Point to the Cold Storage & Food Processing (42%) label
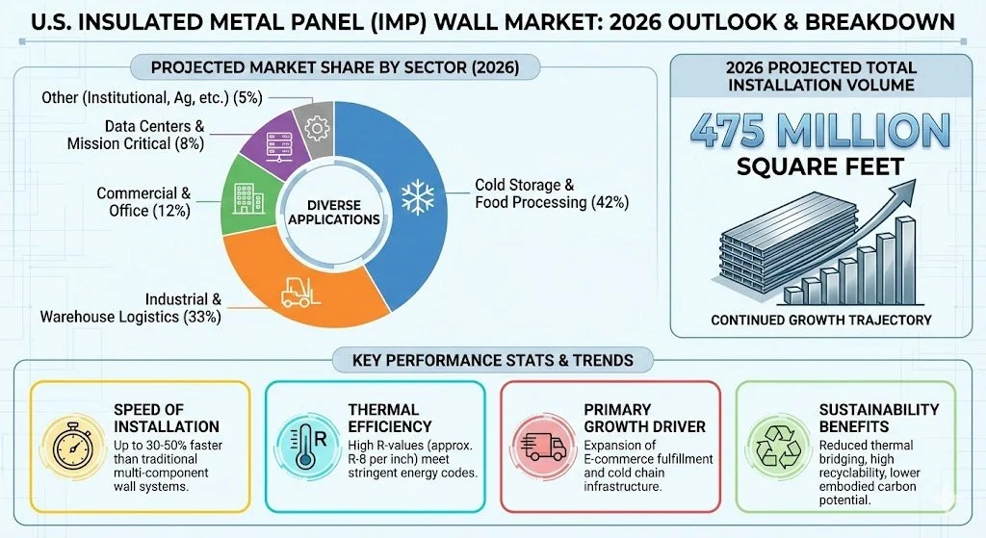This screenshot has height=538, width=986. click(551, 193)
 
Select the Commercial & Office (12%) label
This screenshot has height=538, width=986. click(143, 202)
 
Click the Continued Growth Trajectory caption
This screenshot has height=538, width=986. click(818, 320)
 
